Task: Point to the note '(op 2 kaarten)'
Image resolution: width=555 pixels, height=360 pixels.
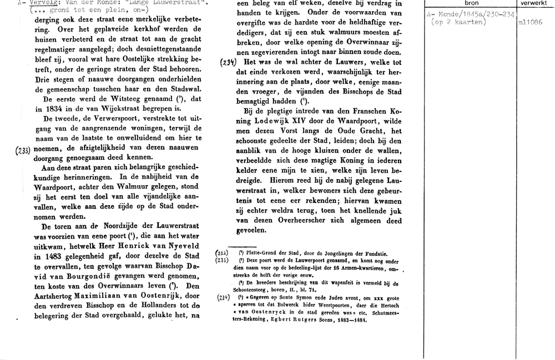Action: click(x=458, y=23)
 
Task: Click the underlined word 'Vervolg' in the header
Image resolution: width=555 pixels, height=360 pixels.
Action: click(x=28, y=3)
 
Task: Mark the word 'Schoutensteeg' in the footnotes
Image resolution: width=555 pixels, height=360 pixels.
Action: click(x=260, y=290)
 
